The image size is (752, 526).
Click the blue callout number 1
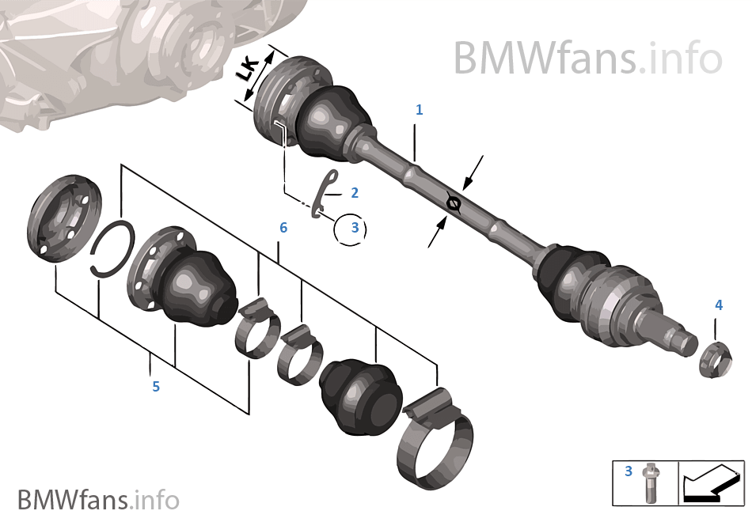coord(420,110)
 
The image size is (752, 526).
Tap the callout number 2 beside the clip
coord(354,192)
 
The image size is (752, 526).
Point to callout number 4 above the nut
coord(718,305)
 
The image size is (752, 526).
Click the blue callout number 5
coord(156,386)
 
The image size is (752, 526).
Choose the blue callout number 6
coord(283,228)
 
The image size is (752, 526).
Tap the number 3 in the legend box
coord(629,471)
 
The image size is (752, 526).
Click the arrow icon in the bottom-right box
coord(708,483)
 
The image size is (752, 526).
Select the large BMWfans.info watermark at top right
coord(587,58)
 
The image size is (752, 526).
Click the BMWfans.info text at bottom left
coord(98,500)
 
